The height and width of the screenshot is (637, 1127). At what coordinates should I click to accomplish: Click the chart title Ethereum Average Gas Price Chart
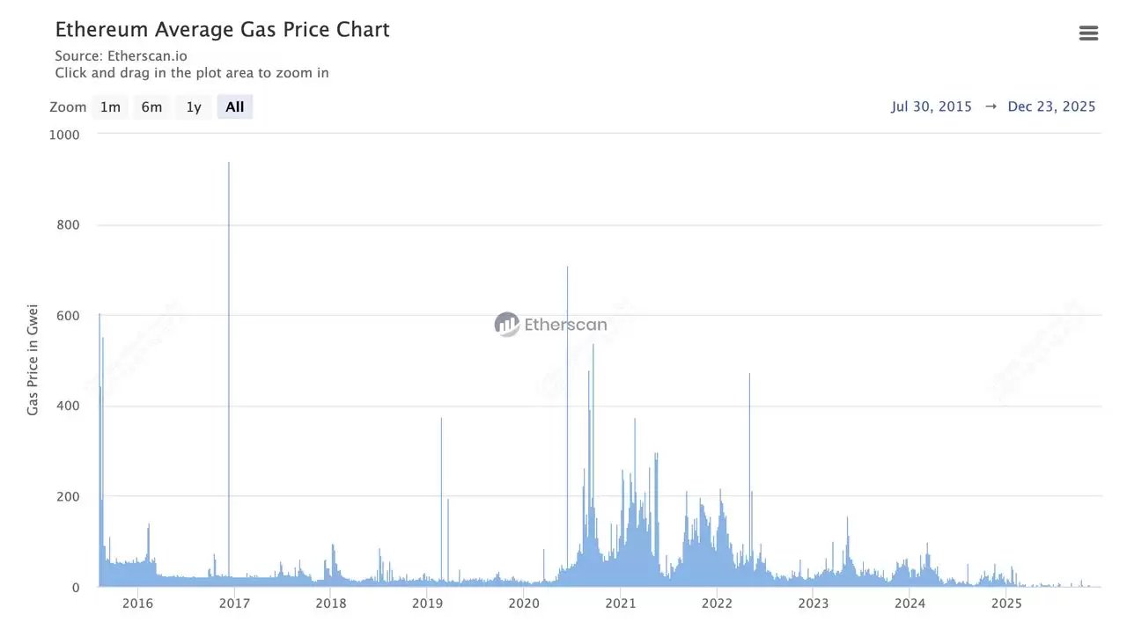point(222,29)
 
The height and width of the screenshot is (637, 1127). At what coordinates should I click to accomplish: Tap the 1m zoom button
point(110,107)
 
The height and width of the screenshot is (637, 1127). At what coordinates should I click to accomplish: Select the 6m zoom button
point(151,107)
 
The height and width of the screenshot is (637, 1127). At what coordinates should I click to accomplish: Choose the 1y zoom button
point(194,107)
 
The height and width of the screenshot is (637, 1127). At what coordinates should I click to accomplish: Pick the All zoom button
point(234,107)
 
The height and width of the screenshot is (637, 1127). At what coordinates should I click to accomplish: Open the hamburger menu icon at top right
point(1088,33)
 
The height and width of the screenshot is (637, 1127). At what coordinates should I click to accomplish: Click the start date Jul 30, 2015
point(932,106)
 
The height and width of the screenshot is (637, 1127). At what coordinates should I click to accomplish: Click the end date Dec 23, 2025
point(1051,106)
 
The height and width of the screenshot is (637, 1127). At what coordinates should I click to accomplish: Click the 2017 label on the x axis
point(234,604)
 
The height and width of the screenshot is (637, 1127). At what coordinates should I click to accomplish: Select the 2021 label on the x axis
point(621,604)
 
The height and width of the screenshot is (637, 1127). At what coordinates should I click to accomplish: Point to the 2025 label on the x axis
point(1006,604)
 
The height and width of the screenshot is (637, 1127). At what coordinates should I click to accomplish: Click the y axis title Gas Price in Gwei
point(33,362)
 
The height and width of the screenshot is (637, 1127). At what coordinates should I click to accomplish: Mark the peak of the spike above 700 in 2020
point(567,267)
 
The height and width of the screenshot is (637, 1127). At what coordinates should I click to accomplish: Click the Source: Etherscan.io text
point(121,55)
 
